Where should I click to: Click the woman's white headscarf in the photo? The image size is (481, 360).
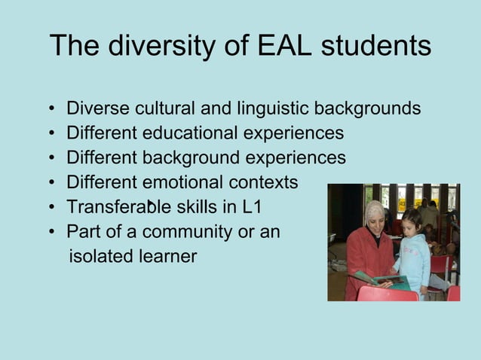(374, 211)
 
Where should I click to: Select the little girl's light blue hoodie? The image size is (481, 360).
(413, 260)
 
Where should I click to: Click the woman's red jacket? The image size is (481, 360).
(365, 256)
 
